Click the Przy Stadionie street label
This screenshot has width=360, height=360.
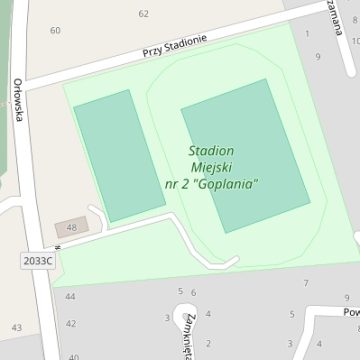coord(160,43)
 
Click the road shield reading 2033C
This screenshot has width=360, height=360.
coord(35,260)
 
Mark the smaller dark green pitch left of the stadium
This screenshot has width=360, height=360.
coord(118,154)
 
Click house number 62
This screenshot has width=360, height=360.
coord(144,14)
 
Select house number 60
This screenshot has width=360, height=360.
coord(55,30)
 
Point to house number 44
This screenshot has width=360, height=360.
coord(70,297)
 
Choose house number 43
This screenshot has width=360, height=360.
coord(17,327)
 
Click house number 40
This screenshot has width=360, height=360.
coord(73,355)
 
